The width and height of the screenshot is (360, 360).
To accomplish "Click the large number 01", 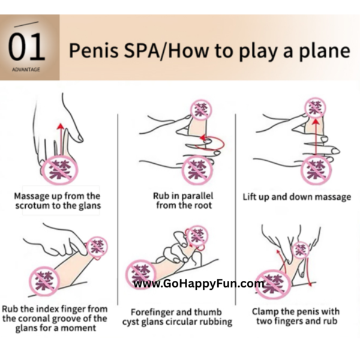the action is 26,47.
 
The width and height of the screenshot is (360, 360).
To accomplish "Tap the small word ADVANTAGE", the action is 26,70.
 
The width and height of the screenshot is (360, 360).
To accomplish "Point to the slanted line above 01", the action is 26,25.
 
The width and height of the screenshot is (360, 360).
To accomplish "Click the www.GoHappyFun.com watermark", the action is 199,284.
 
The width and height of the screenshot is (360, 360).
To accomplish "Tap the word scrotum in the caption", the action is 32,206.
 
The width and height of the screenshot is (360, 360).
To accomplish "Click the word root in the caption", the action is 202,205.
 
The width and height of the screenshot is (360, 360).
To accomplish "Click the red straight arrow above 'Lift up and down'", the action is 316,137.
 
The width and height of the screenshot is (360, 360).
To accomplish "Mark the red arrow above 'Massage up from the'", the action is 61,139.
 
